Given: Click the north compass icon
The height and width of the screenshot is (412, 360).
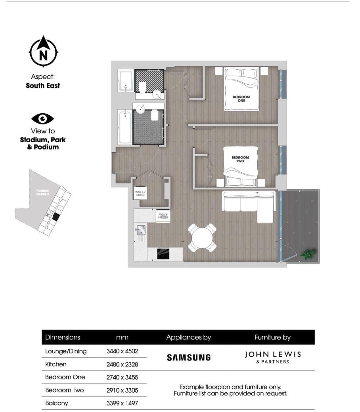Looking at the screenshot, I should (44, 52).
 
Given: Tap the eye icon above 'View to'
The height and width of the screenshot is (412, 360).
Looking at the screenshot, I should (43, 118).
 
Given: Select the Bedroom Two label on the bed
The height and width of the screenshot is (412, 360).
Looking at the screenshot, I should (240, 159).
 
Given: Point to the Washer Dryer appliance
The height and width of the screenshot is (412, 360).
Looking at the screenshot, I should (140, 194).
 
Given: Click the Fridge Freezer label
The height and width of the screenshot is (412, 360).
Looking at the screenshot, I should (163, 216).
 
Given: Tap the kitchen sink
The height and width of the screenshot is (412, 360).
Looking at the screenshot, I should (141, 230).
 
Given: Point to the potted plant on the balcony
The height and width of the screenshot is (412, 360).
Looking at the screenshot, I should (308, 254).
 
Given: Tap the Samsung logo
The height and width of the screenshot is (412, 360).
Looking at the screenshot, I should (189, 357).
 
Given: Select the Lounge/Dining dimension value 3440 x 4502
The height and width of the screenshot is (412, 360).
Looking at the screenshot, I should (122, 351).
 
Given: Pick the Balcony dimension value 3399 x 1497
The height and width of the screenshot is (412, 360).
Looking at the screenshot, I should (122, 403).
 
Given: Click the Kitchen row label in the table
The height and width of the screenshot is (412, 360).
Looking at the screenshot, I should (56, 364).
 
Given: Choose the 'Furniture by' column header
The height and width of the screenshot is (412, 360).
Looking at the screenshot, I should (272, 338).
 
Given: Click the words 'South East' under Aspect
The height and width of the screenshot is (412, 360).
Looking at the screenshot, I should (43, 86).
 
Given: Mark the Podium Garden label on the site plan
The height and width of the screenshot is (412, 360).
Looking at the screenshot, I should (42, 193).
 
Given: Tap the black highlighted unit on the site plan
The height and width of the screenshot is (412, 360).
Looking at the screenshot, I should (57, 217).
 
